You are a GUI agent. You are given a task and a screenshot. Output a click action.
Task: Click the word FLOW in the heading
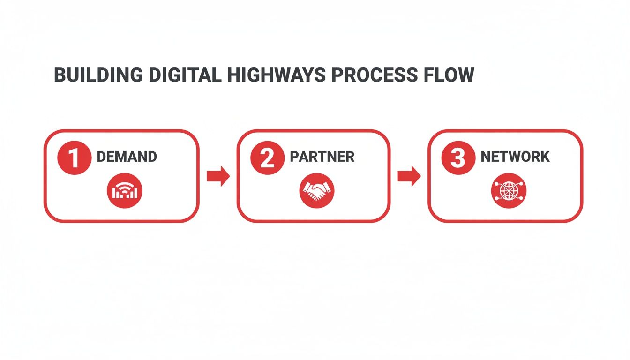point(450,75)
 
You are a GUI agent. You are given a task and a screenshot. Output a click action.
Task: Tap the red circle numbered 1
point(75,158)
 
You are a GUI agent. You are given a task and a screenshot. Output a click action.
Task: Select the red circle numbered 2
point(267,158)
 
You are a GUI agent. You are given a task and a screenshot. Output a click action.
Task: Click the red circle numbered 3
point(458,158)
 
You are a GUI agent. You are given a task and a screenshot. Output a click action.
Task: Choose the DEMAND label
point(127,157)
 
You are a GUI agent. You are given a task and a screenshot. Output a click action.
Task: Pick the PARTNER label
point(322,157)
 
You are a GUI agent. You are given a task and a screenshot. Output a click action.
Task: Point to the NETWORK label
point(515,157)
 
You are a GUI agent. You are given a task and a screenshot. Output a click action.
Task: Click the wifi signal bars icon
point(125,191)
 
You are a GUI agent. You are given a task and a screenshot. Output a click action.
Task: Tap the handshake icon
point(317,191)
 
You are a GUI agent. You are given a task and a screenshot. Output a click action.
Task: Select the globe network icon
point(509,191)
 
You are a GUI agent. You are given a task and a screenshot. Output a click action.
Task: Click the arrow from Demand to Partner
point(218,176)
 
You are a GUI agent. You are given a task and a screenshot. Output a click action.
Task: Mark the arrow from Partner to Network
point(409,176)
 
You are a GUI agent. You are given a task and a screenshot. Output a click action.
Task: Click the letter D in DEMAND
point(101,157)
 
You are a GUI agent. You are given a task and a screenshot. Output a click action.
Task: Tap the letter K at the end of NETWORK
point(545,157)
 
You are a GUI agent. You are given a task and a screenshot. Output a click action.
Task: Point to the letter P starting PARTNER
point(294,157)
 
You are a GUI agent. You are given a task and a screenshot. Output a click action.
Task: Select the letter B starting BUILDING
point(60,75)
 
